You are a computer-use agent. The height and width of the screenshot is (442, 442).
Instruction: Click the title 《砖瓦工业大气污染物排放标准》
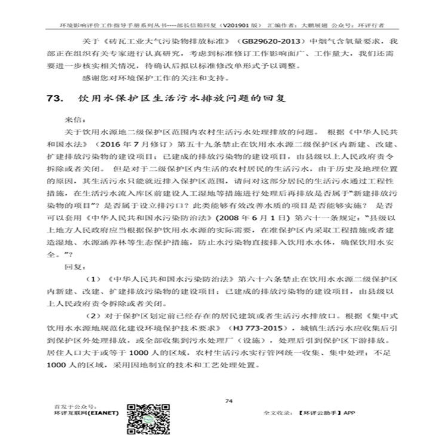click(154, 41)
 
